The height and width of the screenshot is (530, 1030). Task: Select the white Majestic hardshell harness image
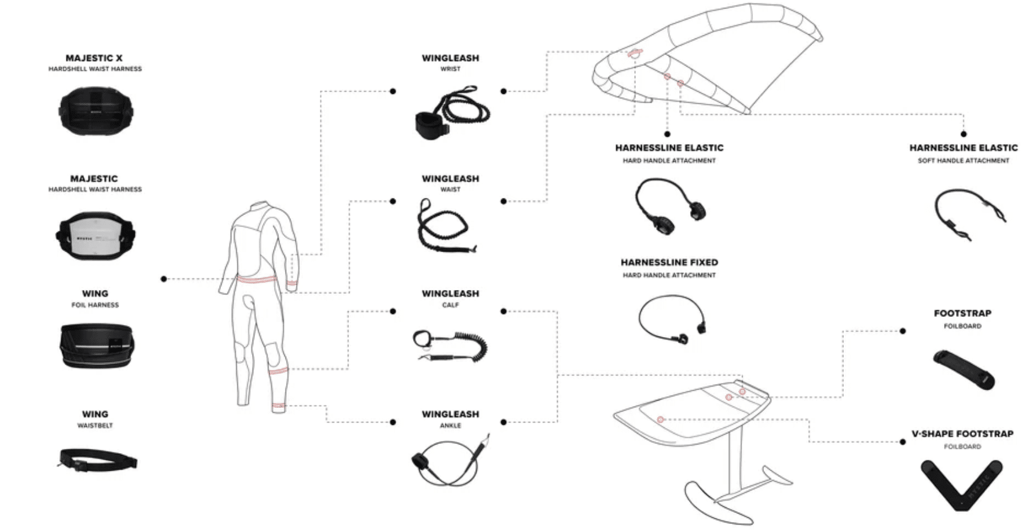[96, 236]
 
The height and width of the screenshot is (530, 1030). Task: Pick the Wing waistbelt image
[98, 459]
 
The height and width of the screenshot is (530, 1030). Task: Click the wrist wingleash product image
[452, 113]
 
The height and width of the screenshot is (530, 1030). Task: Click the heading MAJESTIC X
[94, 58]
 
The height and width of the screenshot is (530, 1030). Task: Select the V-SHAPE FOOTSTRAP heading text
[962, 434]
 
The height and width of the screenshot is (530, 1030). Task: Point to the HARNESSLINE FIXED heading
[669, 263]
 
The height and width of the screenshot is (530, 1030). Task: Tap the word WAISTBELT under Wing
[95, 426]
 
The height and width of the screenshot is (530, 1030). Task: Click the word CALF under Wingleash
[450, 305]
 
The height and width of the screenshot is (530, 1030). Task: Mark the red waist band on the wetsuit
[257, 280]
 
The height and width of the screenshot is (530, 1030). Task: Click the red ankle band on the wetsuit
[279, 405]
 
